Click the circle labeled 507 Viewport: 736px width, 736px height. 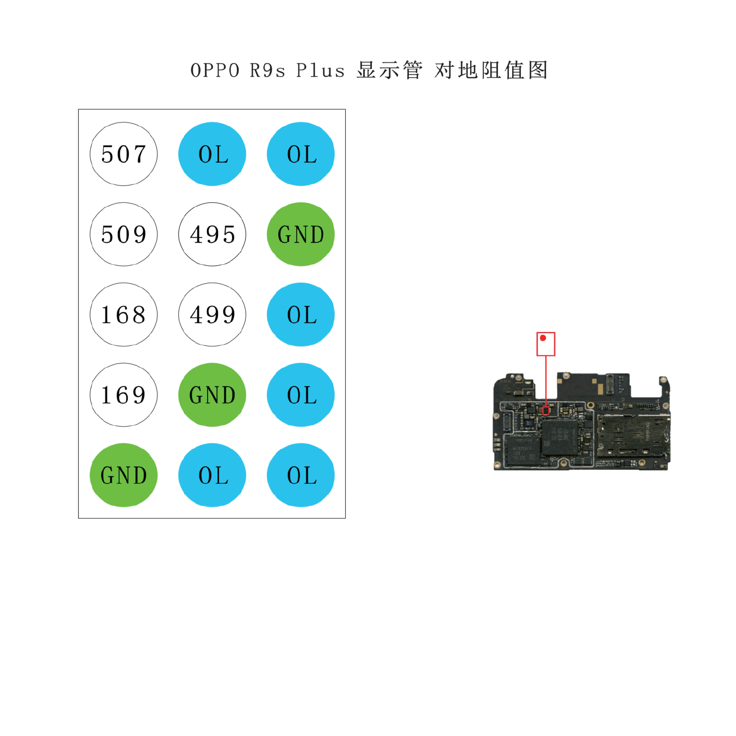click(123, 154)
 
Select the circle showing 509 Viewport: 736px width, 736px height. click(123, 234)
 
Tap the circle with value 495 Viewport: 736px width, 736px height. click(212, 234)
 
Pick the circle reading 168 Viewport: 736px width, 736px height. click(123, 314)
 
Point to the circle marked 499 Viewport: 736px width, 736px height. click(212, 314)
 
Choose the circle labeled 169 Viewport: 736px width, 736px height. click(123, 395)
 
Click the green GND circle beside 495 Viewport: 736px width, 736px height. click(301, 234)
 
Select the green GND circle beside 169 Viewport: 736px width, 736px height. click(212, 395)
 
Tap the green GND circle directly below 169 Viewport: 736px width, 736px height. click(123, 475)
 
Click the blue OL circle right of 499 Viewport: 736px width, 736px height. click(301, 314)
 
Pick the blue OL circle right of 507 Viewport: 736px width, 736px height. click(212, 154)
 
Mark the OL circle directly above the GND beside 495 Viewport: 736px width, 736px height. click(301, 154)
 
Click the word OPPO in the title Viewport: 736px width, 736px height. click(215, 71)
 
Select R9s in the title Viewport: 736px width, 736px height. click(267, 71)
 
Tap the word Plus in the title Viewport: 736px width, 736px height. click(321, 71)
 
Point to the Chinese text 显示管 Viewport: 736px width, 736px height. click(390, 70)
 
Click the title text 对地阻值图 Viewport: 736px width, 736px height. click(491, 70)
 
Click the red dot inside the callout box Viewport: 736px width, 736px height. click(542, 338)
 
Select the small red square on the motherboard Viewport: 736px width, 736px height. click(546, 410)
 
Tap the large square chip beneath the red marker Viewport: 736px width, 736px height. click(559, 436)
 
